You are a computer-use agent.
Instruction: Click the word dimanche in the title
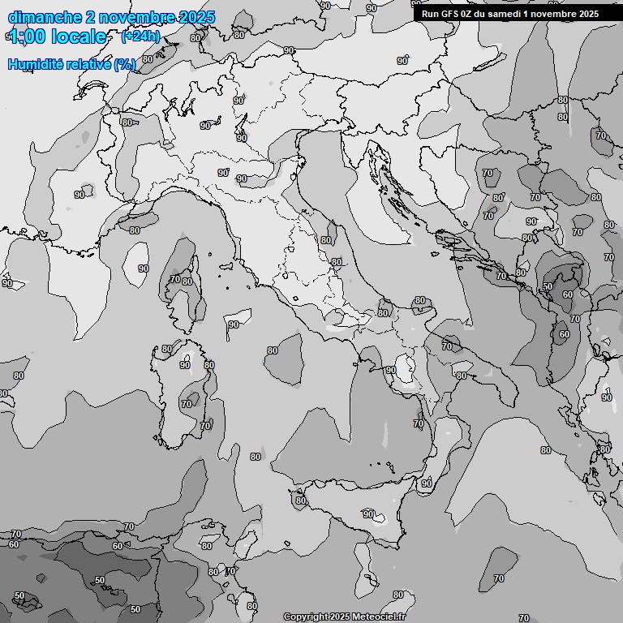point(45,17)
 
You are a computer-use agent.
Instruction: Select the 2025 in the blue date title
point(195,17)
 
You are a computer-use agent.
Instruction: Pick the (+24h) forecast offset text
point(140,37)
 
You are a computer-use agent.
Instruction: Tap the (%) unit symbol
point(125,64)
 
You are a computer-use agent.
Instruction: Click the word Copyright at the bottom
point(305,617)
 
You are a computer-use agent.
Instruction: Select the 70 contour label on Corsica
point(174,279)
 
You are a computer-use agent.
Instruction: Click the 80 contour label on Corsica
point(187,282)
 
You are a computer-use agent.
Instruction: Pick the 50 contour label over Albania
point(548,286)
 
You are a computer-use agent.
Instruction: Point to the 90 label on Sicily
point(368,514)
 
